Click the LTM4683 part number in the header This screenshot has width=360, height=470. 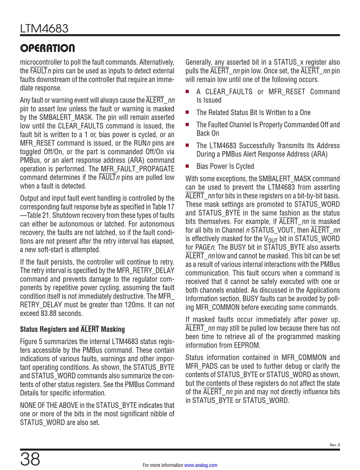click(x=44, y=28)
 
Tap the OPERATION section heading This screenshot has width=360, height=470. click(x=47, y=48)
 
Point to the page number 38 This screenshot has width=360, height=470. click(x=30, y=459)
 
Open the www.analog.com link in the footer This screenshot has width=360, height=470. click(x=201, y=465)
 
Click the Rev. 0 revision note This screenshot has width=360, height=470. click(x=335, y=445)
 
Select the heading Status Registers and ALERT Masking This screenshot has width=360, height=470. click(x=72, y=329)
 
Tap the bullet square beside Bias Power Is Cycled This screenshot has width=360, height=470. click(x=187, y=166)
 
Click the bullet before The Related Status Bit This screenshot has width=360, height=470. click(x=187, y=112)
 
